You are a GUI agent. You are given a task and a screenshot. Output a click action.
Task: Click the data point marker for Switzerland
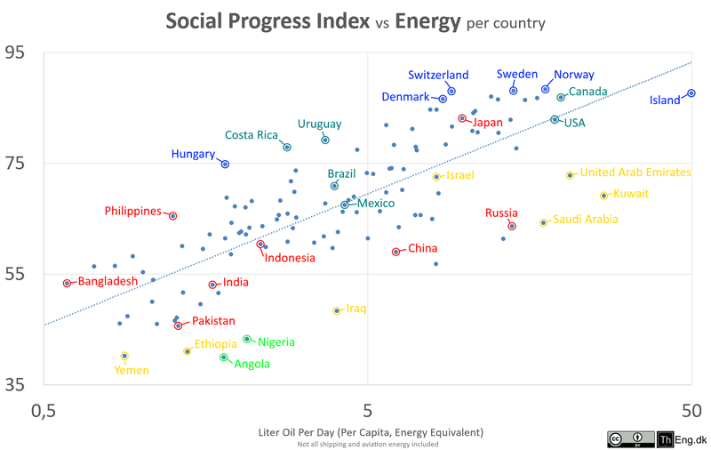tap(451, 91)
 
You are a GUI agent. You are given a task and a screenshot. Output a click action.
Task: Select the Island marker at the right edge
tap(691, 93)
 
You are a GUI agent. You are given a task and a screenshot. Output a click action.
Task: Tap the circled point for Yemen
tap(124, 356)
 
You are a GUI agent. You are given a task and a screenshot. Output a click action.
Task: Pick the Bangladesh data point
tap(67, 283)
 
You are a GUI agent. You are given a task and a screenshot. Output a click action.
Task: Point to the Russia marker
tap(512, 226)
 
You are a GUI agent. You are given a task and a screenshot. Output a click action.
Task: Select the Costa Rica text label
tap(252, 135)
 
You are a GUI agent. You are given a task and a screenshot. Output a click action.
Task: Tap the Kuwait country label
tap(632, 194)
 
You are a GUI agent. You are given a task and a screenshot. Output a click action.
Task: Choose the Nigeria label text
tap(276, 342)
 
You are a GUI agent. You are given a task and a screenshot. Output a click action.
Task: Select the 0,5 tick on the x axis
tap(44, 412)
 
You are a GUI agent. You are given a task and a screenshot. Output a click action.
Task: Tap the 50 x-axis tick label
tap(691, 412)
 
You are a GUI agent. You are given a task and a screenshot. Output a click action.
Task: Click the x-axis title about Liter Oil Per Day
tap(370, 432)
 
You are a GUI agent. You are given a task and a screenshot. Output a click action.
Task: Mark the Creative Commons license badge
tap(628, 438)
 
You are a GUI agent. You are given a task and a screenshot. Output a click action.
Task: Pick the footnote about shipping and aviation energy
tap(368, 444)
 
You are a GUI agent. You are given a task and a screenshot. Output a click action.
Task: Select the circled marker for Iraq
tap(337, 310)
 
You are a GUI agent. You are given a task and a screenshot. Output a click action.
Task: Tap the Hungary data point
tap(225, 164)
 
